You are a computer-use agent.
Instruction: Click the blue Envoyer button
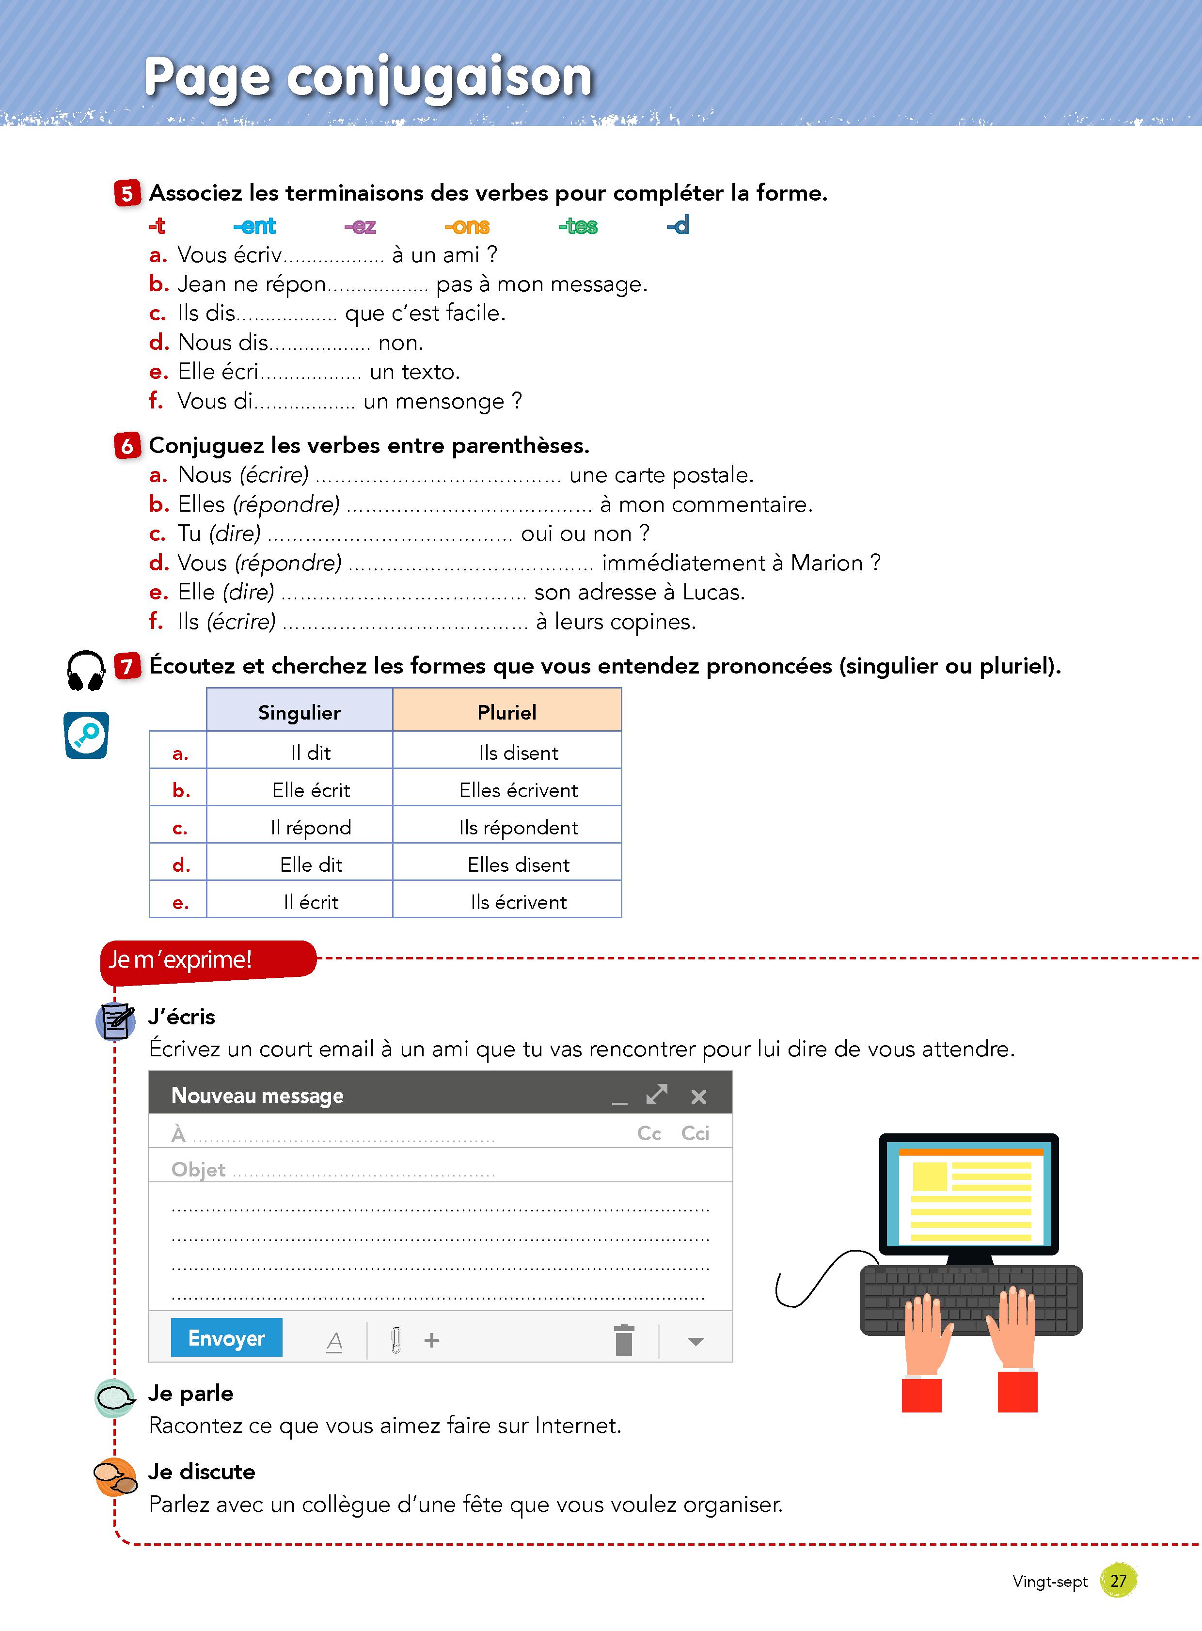[226, 1338]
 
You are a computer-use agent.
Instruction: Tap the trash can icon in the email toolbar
[624, 1340]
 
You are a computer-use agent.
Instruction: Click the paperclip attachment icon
[396, 1340]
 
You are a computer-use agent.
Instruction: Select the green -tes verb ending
[578, 226]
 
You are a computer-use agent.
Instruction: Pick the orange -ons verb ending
[467, 226]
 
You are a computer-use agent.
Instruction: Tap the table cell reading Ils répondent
[518, 827]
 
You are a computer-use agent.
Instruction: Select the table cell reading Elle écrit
[311, 790]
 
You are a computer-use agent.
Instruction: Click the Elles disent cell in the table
[518, 864]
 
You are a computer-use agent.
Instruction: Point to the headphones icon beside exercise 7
[86, 670]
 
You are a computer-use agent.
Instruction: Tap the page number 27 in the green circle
[1118, 1580]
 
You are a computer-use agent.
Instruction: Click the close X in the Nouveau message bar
[698, 1097]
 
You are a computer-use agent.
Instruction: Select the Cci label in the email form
[695, 1133]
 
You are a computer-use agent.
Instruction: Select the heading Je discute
[202, 1472]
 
